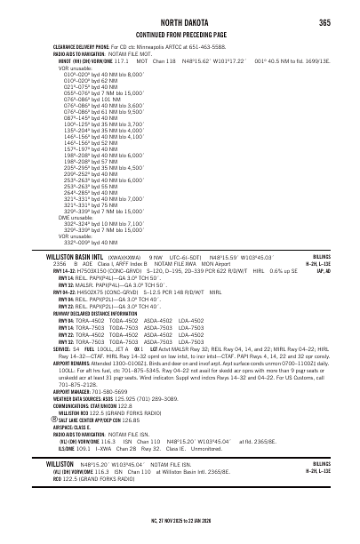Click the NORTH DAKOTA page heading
tap(180, 22)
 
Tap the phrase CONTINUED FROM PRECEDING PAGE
tap(180, 34)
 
